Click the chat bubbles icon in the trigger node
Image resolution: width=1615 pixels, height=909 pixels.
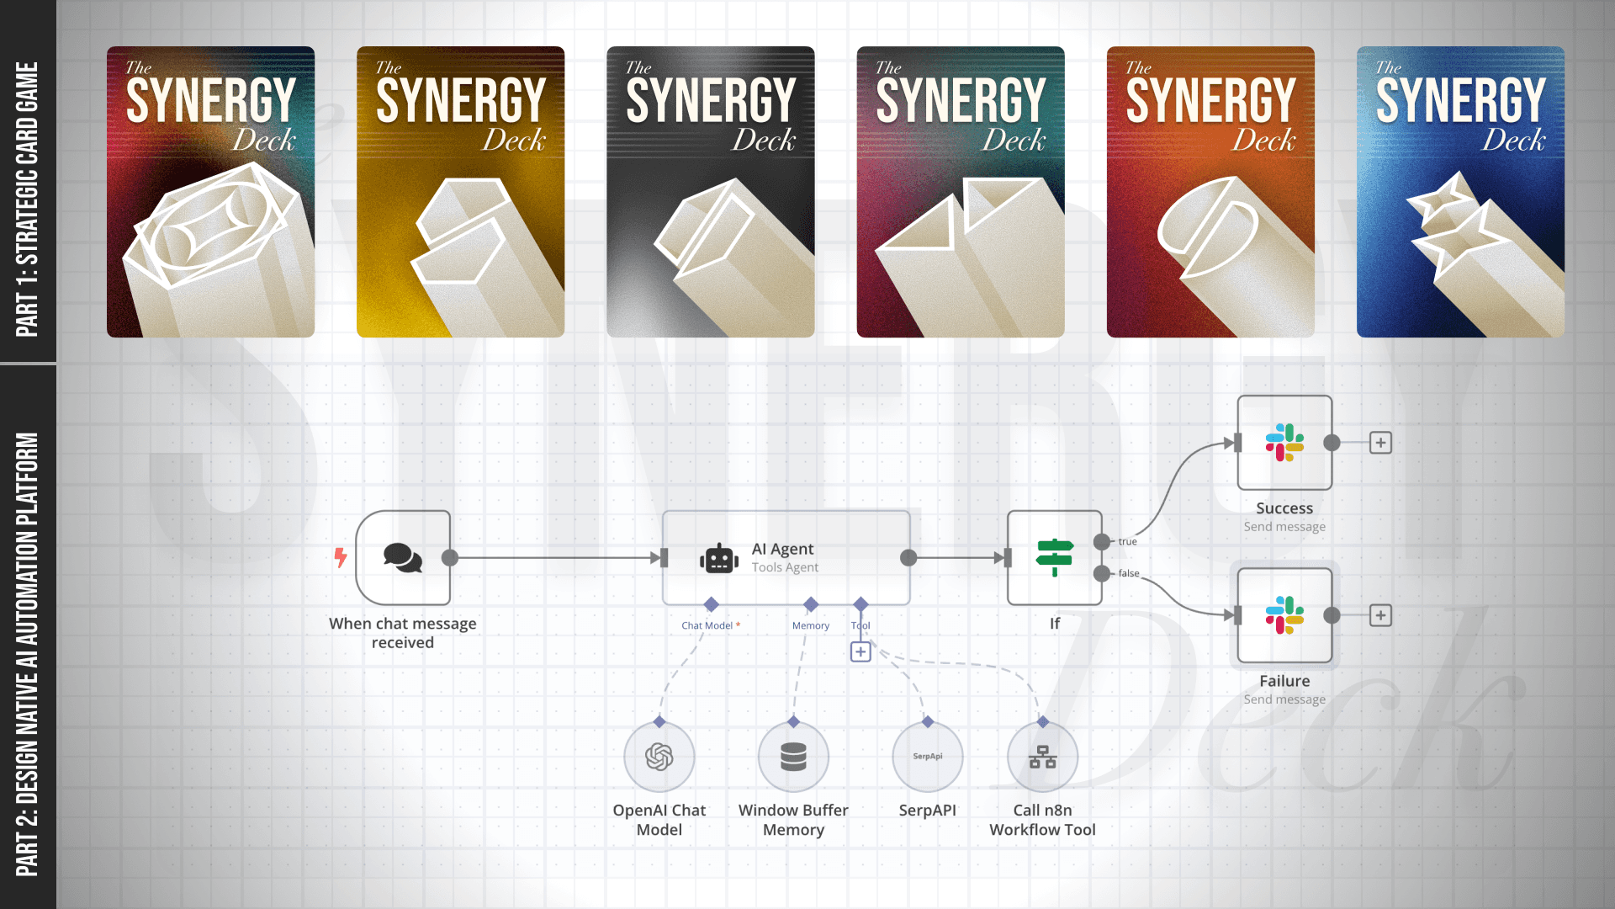[403, 557]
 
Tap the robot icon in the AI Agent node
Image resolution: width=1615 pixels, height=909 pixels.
[719, 558]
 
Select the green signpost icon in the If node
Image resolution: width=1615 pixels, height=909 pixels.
[1054, 557]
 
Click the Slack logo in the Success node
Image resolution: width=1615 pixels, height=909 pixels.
[1284, 443]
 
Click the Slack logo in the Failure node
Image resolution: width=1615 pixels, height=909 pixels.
[1284, 615]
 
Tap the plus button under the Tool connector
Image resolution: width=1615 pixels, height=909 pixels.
[860, 652]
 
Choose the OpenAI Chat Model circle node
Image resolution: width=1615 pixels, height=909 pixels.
[659, 757]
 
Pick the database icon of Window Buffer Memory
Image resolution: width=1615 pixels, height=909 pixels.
[793, 757]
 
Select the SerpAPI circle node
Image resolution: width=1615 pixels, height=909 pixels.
[928, 757]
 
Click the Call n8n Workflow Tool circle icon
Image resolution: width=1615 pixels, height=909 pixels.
[1043, 757]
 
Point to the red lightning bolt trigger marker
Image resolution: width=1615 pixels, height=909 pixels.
[341, 557]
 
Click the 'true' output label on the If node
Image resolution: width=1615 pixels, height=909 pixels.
[1127, 541]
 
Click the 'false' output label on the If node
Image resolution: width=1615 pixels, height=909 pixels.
[1129, 573]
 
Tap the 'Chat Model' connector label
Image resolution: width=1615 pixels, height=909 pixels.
[707, 625]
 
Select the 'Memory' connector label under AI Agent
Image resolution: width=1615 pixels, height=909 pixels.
[810, 625]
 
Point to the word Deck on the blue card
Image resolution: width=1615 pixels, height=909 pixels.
[1513, 140]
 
